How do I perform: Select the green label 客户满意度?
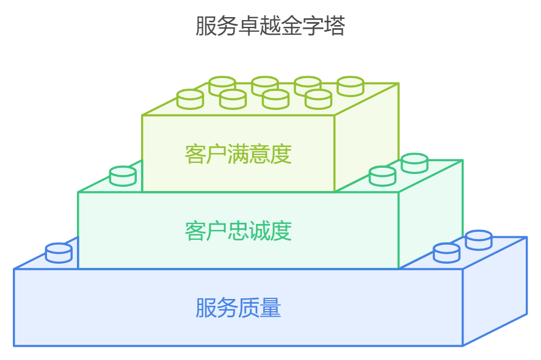pos(238,154)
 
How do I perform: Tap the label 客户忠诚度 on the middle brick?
pos(238,231)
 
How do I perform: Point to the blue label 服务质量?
pos(238,308)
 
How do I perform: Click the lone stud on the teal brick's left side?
pos(122,176)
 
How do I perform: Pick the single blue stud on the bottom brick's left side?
pos(59,253)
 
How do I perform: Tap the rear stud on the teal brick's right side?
pos(415,163)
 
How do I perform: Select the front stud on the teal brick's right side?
pos(383,176)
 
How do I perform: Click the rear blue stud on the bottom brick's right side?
pos(479,240)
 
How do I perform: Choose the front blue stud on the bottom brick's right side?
pos(446,253)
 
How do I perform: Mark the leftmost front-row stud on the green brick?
pos(190,99)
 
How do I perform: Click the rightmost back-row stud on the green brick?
pos(350,86)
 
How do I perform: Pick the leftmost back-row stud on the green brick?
pos(222,86)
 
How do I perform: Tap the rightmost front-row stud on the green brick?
pos(318,99)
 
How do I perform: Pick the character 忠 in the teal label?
pos(238,231)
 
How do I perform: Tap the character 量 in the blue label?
pos(270,308)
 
